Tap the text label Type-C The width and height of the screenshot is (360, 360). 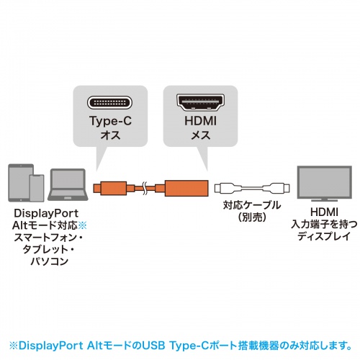tap(110, 122)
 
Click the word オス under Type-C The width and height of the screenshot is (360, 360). tap(110, 135)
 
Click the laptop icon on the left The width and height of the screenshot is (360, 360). tap(65, 186)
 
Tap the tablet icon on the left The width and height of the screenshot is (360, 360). tap(19, 181)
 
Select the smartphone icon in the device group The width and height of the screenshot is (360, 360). tap(36, 189)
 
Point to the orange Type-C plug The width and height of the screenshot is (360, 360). tap(104, 190)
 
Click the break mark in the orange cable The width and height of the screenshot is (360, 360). tap(146, 190)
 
